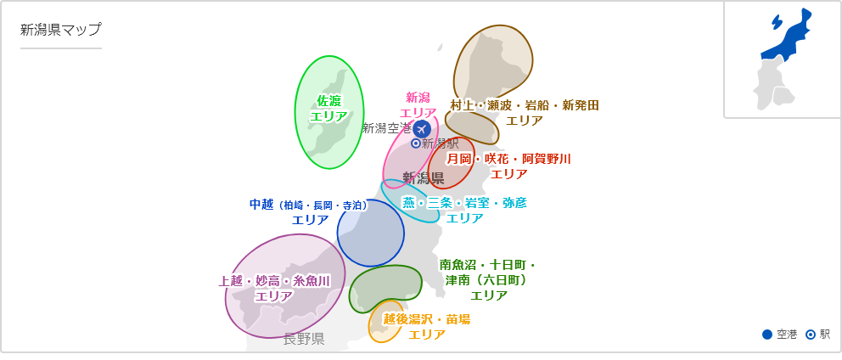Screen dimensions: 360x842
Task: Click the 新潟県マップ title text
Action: [x=60, y=30]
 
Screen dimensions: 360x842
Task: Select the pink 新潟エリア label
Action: [x=418, y=105]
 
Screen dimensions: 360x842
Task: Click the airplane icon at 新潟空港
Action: [x=421, y=129]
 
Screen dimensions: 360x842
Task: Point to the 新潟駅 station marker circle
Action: [x=416, y=143]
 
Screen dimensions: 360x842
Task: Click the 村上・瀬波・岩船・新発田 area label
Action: [x=525, y=112]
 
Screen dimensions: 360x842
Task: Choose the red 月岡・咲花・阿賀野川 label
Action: [x=509, y=166]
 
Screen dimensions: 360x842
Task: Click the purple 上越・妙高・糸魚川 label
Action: [x=273, y=289]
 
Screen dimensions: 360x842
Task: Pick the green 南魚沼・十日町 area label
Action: [x=488, y=280]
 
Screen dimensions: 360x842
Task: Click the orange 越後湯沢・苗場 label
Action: [x=427, y=326]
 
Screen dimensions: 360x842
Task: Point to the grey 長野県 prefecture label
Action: [x=304, y=340]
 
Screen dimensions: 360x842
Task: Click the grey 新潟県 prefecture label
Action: [x=423, y=178]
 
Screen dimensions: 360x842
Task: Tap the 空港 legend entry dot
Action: [x=767, y=335]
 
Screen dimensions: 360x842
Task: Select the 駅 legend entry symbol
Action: [x=811, y=335]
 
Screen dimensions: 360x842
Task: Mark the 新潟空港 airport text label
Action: [x=386, y=128]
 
